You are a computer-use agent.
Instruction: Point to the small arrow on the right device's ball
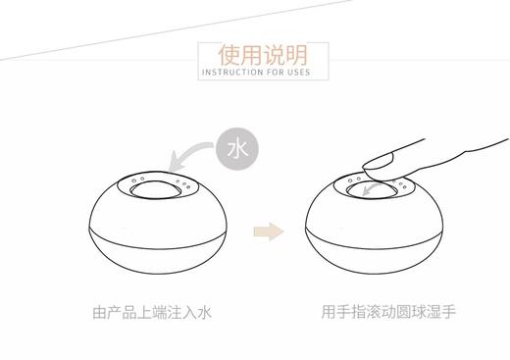point(374,191)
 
